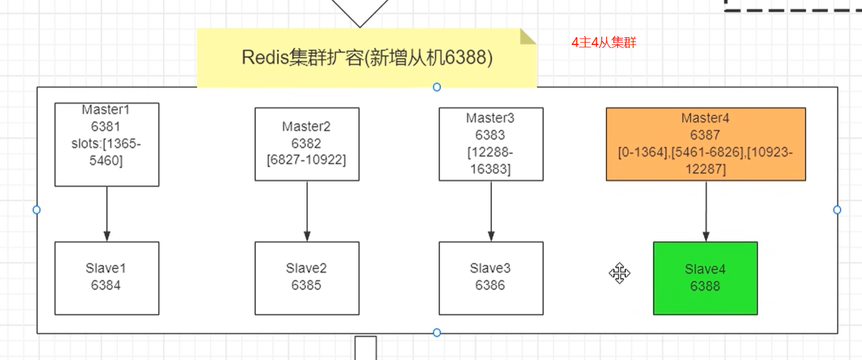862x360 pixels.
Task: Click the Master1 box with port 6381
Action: [107, 144]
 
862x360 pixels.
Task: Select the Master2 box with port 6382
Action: [307, 144]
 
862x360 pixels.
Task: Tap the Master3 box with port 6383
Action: [491, 144]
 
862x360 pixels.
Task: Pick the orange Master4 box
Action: [705, 144]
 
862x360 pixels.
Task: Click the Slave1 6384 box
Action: [107, 278]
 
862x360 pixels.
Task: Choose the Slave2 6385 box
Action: [307, 278]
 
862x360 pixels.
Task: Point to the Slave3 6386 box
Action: [491, 278]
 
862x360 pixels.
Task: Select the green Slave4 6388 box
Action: [705, 278]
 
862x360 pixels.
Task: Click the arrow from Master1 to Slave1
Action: [107, 214]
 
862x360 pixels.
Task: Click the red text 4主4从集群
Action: [603, 43]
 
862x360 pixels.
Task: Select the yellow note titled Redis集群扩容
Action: [367, 58]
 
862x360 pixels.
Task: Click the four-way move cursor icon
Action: [620, 274]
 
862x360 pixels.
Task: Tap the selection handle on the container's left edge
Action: [37, 210]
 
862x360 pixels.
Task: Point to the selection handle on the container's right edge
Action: [837, 210]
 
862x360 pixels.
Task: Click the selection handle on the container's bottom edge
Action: [437, 332]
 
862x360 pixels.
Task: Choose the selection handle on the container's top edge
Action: [437, 87]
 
